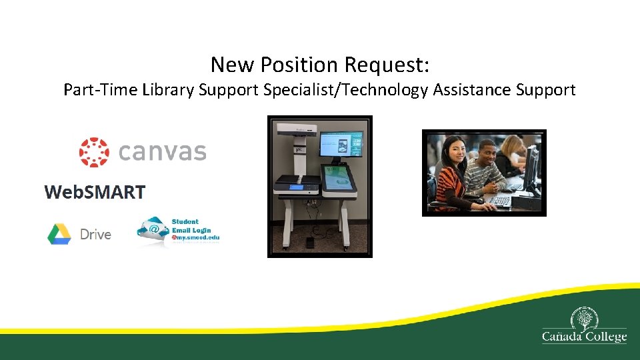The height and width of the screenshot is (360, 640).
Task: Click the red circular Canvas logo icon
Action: (x=94, y=152)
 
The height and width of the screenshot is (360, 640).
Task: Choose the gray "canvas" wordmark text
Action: (x=162, y=152)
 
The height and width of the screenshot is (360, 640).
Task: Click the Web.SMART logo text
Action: (x=95, y=192)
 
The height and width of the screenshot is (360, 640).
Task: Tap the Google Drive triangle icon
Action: (x=59, y=234)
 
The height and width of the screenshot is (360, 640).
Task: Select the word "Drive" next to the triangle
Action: (x=95, y=234)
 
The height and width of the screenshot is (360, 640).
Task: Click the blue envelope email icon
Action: (x=153, y=230)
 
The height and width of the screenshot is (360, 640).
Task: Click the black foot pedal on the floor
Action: (x=311, y=241)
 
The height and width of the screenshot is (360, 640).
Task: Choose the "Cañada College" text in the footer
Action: (x=584, y=337)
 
